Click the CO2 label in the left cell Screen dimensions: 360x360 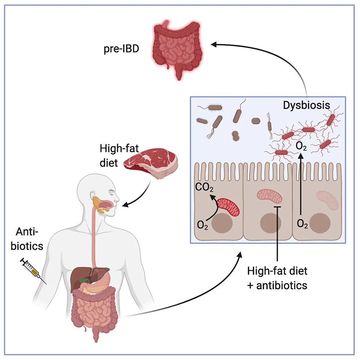[204, 188]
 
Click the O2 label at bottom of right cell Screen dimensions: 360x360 [302, 224]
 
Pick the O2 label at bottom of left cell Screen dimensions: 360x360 [202, 225]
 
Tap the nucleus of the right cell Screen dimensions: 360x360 [320, 223]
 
